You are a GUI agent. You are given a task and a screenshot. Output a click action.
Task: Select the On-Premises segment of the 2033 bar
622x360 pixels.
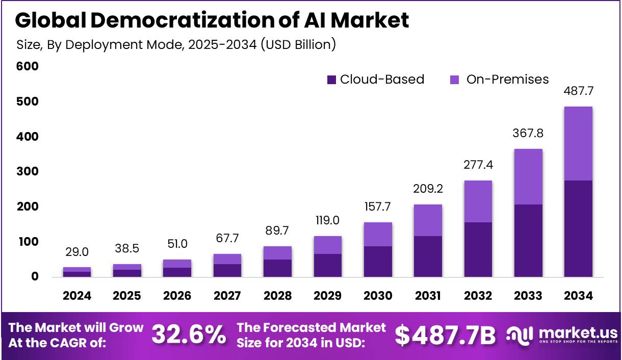pos(528,176)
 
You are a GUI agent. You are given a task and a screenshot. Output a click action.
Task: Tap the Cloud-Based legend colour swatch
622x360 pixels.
pos(332,80)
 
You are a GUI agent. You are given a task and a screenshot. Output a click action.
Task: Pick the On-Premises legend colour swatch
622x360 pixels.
pos(455,80)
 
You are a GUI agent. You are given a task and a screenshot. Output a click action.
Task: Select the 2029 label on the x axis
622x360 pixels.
pos(327,296)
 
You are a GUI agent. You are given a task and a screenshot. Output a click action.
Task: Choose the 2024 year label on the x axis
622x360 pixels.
pos(77,296)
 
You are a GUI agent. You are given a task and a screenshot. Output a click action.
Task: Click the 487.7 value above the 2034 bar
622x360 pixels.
pos(578,92)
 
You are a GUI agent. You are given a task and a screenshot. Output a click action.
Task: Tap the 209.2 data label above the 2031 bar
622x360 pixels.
pos(427,189)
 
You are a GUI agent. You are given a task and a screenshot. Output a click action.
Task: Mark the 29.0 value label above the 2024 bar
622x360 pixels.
pos(77,252)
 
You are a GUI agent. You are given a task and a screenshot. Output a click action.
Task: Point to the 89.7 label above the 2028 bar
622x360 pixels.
pos(277,230)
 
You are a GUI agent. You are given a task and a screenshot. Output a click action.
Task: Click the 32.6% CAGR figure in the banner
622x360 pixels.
pos(189,335)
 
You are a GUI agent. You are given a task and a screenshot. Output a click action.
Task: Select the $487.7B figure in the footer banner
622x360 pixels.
pos(445,335)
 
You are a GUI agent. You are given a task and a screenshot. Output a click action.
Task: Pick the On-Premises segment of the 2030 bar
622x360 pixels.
pos(378,235)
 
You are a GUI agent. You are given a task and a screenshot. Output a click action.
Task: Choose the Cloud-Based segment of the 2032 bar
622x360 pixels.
pos(478,249)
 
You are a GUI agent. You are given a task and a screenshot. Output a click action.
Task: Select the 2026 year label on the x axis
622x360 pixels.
pos(177,296)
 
